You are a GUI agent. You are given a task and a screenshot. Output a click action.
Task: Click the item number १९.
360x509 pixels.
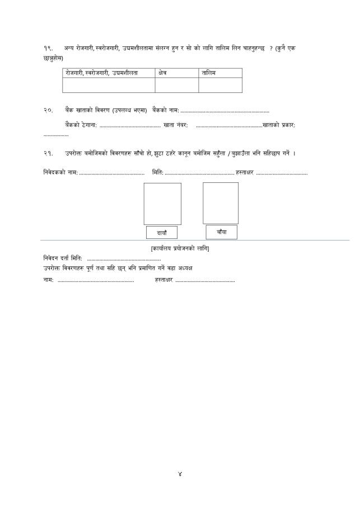pyautogui.click(x=48, y=49)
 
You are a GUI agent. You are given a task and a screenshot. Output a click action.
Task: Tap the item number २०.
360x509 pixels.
pyautogui.click(x=48, y=110)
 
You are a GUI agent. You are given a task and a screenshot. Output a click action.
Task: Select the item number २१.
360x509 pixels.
pyautogui.click(x=48, y=153)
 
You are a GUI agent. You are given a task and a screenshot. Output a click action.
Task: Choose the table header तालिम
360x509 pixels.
pyautogui.click(x=209, y=73)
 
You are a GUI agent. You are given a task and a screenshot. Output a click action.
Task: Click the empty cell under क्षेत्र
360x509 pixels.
pyautogui.click(x=176, y=85)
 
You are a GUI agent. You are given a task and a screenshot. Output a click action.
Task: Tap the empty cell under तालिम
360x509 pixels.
pyautogui.click(x=220, y=85)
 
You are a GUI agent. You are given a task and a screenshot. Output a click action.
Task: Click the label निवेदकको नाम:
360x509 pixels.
pyautogui.click(x=60, y=173)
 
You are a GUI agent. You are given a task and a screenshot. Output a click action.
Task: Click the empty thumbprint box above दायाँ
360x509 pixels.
pyautogui.click(x=162, y=204)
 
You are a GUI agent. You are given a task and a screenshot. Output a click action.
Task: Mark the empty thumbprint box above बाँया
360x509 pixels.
pyautogui.click(x=220, y=203)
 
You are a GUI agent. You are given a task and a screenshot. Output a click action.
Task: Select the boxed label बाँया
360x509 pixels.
pyautogui.click(x=221, y=232)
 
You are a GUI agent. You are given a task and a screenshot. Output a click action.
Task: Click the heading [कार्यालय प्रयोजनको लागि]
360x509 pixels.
pyautogui.click(x=180, y=248)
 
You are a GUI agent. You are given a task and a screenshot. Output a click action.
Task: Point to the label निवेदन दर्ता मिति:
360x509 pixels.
pyautogui.click(x=63, y=258)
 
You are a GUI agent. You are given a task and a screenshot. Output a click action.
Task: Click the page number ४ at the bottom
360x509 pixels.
pyautogui.click(x=180, y=474)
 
